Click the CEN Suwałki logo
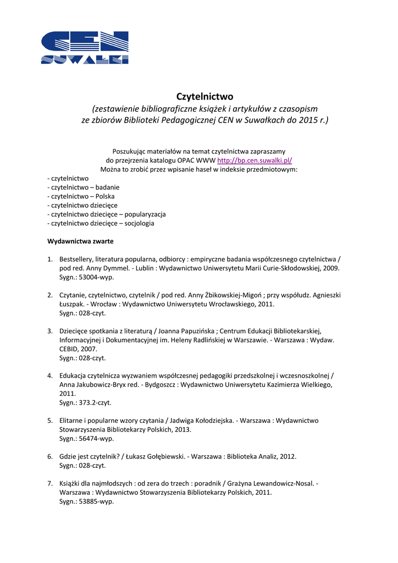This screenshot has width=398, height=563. pos(85,48)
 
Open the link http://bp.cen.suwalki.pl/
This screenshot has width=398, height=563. pos(255,161)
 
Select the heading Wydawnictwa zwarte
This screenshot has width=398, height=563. pos(80,241)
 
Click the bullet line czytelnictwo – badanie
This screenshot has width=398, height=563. pos(84,187)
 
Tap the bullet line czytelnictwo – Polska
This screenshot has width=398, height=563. pos(82,196)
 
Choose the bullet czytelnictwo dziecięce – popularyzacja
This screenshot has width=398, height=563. pos(107,214)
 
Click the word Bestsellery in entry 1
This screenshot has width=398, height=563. pos(76,259)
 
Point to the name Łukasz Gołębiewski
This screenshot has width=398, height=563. pos(157,456)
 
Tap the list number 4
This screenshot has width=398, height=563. pos(49,376)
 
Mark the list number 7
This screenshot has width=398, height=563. pos(49,484)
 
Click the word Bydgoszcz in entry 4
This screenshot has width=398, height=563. pos(161,385)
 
